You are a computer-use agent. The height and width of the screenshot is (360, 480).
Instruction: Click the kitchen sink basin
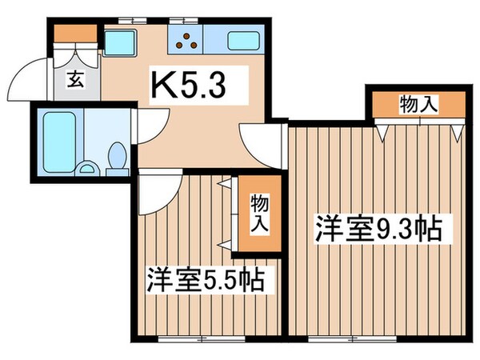click(x=245, y=39)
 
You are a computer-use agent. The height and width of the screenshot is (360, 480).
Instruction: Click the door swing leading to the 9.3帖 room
click(x=264, y=140)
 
